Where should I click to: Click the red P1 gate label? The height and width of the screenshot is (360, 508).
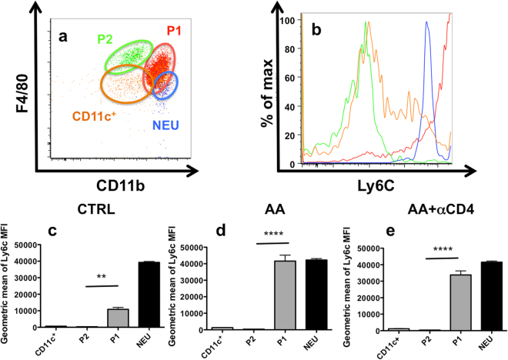pyautogui.click(x=173, y=31)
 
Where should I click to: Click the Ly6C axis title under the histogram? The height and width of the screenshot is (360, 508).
pyautogui.click(x=377, y=185)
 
